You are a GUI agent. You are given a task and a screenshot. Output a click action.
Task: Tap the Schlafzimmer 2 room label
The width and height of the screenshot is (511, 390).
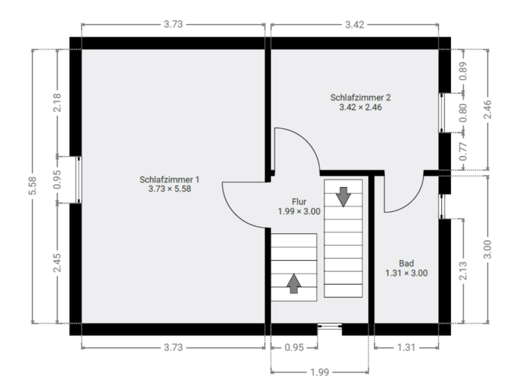point(360,102)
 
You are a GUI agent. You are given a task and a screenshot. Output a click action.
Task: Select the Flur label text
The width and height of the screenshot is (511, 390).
point(298,206)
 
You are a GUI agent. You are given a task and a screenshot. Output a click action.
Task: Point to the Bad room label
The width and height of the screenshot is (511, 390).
point(406,268)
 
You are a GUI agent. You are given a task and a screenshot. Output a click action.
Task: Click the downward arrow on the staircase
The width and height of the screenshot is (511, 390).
point(343,195)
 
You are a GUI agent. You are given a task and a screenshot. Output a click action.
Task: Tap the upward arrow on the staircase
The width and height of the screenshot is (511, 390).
point(294,283)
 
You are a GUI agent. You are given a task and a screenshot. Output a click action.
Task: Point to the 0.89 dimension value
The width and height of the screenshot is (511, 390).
point(463,71)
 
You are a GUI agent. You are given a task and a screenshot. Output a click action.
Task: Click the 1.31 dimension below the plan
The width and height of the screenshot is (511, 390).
point(406,347)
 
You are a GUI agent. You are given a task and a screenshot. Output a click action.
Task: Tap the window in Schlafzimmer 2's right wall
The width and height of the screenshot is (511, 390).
point(442,113)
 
